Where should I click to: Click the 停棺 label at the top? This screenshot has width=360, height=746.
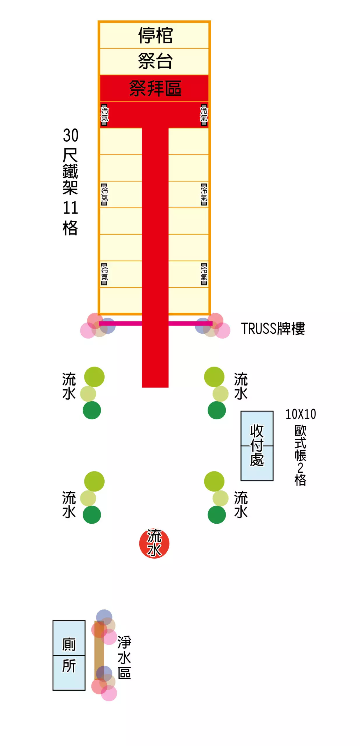155,36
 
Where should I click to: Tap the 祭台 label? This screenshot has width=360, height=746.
155,61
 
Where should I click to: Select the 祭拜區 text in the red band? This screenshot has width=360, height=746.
155,88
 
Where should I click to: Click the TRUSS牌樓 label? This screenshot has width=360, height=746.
273,328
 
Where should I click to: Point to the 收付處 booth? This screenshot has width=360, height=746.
257,446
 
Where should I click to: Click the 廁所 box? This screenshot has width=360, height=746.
69,655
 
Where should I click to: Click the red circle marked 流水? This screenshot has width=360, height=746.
154,543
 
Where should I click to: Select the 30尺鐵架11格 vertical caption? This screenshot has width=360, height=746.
70,182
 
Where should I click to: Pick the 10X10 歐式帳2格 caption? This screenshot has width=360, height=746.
301,447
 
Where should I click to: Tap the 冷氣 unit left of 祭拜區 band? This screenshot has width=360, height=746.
104,115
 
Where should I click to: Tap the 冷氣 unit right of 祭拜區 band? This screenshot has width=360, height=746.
204,115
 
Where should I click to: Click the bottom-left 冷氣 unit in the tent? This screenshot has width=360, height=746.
104,274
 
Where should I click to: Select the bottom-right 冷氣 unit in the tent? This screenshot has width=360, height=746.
204,274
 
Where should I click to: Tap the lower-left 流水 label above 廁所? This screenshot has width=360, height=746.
69,504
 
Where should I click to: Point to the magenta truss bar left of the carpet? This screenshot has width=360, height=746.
120,323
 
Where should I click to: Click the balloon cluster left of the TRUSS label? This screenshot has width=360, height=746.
213,326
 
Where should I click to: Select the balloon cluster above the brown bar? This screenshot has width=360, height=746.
104,627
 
